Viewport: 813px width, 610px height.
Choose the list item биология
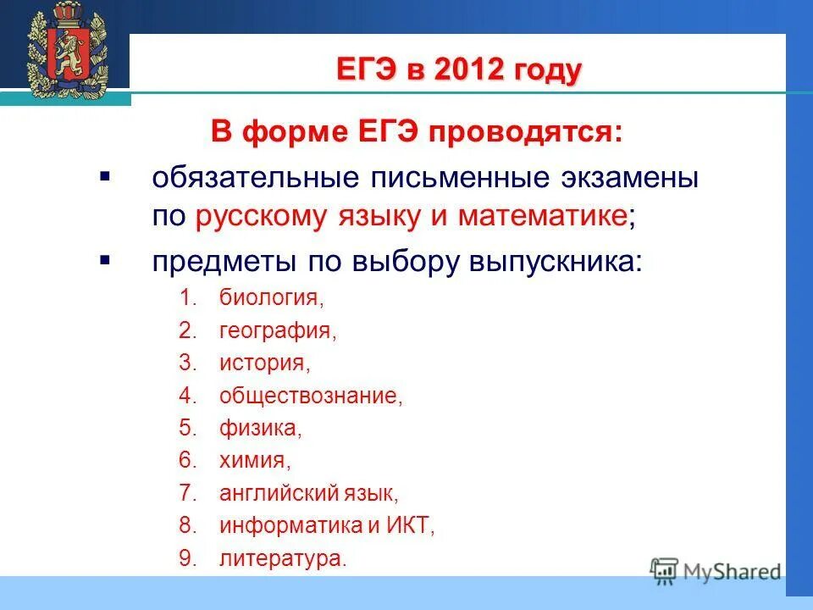pyautogui.click(x=271, y=297)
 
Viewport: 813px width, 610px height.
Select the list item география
pyautogui.click(x=278, y=330)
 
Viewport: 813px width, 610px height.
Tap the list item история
pyautogui.click(x=265, y=363)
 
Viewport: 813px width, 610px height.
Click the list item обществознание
pyautogui.click(x=311, y=396)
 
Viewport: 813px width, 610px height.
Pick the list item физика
pyautogui.click(x=260, y=429)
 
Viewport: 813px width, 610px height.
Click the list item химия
pyautogui.click(x=255, y=461)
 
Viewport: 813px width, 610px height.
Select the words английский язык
pyautogui.click(x=308, y=493)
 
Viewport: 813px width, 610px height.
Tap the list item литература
pyautogui.click(x=283, y=558)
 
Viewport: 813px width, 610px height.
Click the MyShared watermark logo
pyautogui.click(x=716, y=570)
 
